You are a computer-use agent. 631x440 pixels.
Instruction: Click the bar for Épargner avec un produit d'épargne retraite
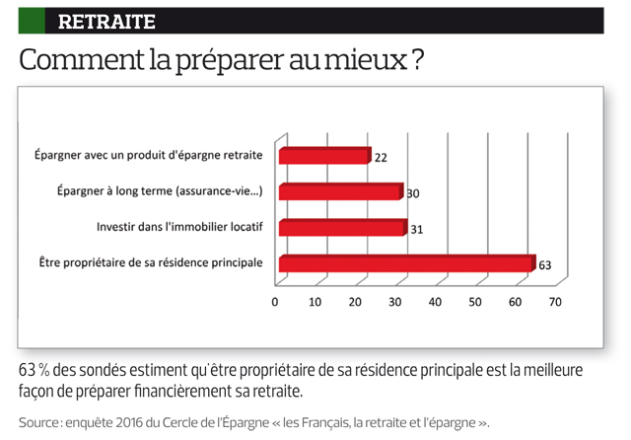pos(324,156)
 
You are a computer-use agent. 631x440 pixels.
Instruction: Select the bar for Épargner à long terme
pos(340,191)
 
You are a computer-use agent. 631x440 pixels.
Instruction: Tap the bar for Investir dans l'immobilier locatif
pos(342,228)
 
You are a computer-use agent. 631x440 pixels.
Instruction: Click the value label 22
pos(382,157)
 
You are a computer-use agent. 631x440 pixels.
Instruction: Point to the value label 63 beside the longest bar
pos(545,265)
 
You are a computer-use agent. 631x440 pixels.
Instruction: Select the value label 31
pos(416,230)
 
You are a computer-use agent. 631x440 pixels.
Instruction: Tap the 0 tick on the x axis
pos(276,302)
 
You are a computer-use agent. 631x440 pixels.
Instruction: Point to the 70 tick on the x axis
pos(555,302)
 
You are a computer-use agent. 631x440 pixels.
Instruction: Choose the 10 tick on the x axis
pos(315,302)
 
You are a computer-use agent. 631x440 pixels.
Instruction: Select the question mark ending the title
pos(418,60)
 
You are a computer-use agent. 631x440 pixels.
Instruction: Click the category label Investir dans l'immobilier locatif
pos(179,227)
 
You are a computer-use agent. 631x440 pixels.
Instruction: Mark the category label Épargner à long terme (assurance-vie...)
pos(157,191)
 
